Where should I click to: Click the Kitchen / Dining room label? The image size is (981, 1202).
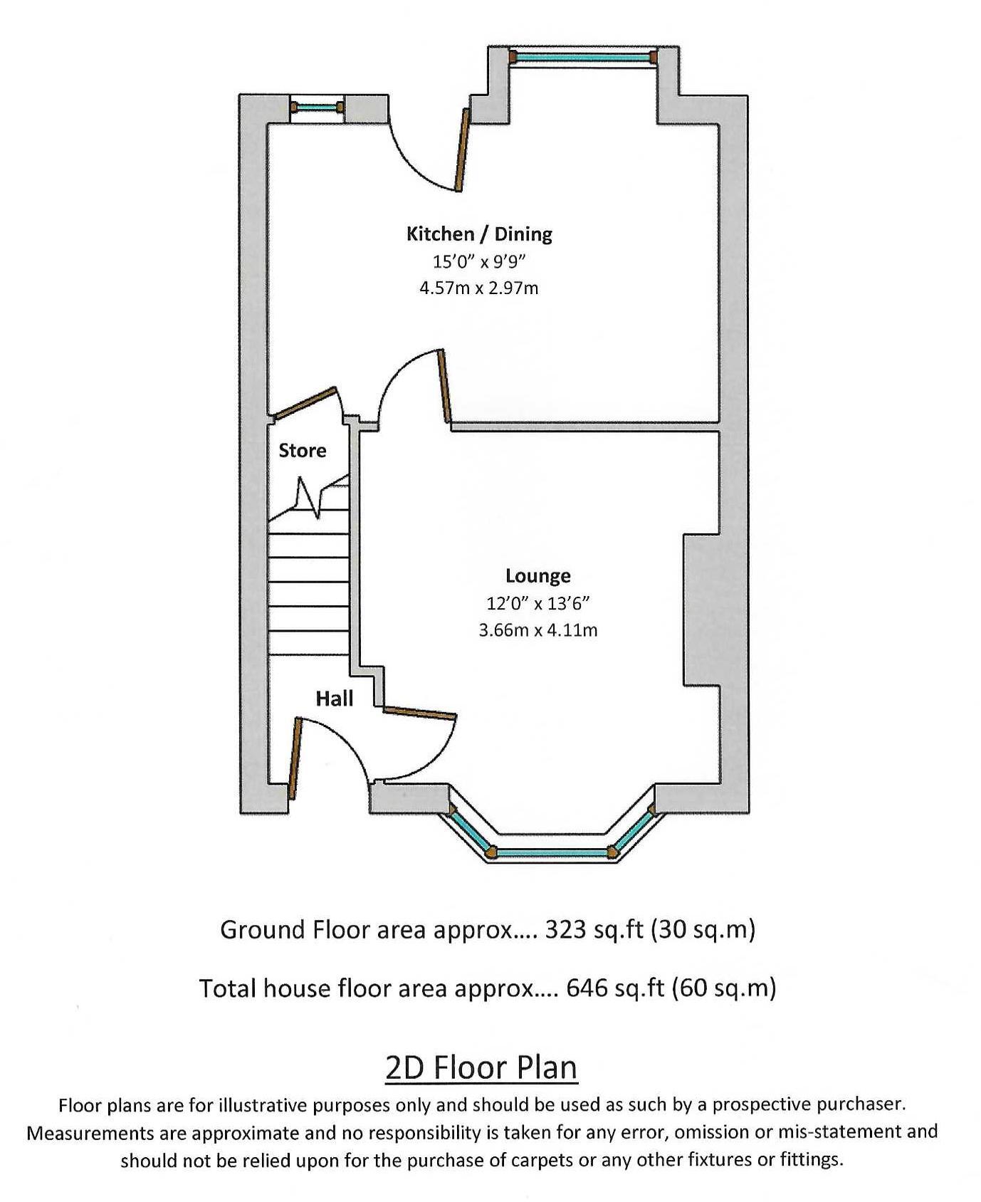[x=479, y=234]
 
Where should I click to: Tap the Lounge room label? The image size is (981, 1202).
[x=538, y=575]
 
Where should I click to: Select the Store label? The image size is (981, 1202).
[x=303, y=450]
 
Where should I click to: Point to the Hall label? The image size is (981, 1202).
[x=335, y=699]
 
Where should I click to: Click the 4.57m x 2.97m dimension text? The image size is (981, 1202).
[x=479, y=288]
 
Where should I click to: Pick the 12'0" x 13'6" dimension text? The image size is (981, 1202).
[x=538, y=604]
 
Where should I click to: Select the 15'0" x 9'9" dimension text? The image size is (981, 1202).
[x=479, y=261]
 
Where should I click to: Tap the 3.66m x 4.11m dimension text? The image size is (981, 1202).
[x=538, y=630]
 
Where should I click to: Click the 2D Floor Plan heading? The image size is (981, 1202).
[x=481, y=1067]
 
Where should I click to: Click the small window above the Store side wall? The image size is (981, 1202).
[x=318, y=108]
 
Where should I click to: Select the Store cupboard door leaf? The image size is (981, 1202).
[x=305, y=402]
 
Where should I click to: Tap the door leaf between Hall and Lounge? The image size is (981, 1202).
[x=420, y=713]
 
